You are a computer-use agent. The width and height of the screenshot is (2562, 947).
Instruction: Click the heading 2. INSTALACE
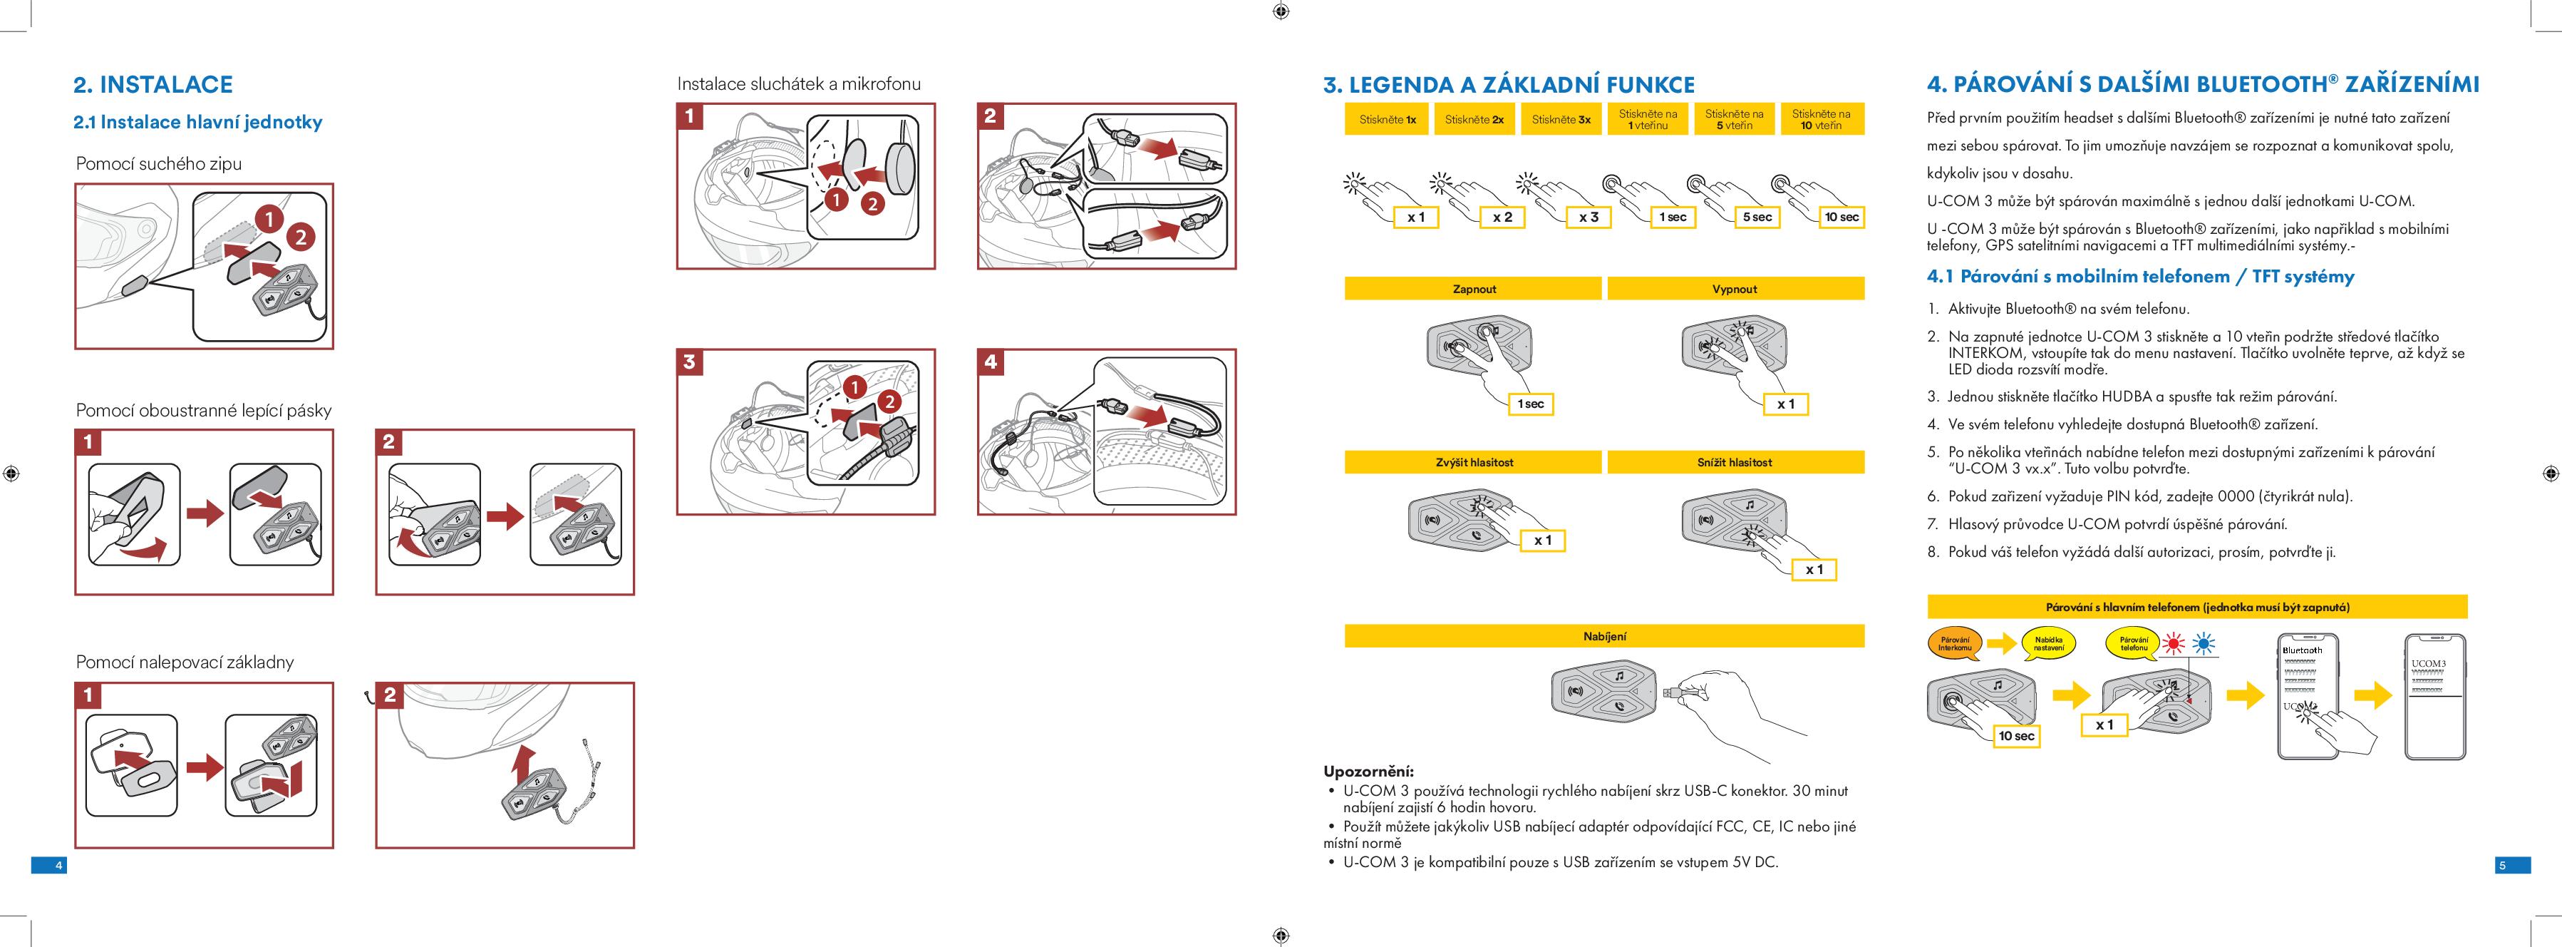tap(153, 85)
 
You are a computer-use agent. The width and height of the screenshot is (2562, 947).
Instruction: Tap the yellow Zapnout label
tap(1473, 290)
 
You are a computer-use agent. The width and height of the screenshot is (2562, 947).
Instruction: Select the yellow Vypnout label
tap(1735, 290)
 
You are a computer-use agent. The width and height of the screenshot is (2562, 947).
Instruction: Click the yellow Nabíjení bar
tap(1603, 635)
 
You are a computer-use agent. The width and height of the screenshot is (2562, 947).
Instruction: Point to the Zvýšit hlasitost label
tap(1473, 463)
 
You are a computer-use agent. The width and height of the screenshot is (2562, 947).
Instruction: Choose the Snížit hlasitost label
tap(1735, 463)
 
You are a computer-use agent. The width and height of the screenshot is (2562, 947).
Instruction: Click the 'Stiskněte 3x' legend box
tap(1561, 119)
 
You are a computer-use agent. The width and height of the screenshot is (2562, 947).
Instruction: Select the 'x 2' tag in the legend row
tap(1502, 217)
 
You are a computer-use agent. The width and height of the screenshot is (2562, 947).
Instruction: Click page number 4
tap(58, 866)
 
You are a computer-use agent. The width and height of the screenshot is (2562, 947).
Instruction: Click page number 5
tap(2502, 866)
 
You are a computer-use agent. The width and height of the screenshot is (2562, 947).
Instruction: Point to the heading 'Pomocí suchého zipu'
tap(159, 164)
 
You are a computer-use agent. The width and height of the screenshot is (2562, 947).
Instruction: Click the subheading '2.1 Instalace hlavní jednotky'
tap(198, 123)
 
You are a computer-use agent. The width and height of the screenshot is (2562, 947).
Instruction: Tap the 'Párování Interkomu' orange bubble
tap(1954, 645)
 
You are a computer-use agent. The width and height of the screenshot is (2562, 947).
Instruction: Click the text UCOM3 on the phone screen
tap(2428, 663)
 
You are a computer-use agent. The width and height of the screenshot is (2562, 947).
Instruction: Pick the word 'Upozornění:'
tap(1368, 772)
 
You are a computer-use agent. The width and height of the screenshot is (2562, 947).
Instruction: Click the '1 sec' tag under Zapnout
tap(1531, 404)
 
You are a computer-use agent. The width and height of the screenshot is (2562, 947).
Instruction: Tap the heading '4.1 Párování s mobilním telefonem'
tap(2140, 277)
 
